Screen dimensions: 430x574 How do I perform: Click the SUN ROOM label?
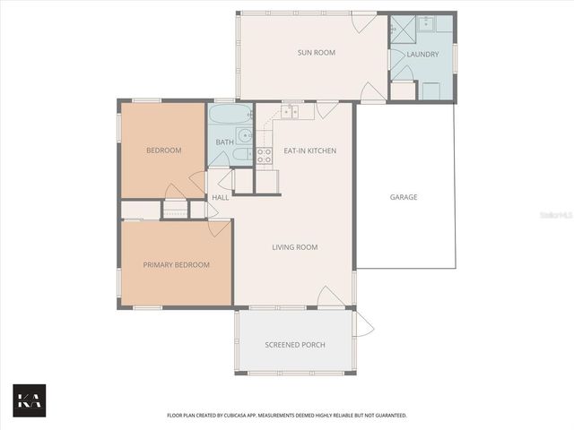click(316, 53)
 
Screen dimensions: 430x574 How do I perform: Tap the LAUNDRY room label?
click(422, 55)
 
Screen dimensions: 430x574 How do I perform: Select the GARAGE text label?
click(403, 197)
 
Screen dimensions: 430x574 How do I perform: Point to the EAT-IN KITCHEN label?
click(309, 150)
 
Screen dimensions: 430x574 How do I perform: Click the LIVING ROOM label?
click(295, 247)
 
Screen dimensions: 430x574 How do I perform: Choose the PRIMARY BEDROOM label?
click(177, 265)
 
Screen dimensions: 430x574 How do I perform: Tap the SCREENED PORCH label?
click(295, 345)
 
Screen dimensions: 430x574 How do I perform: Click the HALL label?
click(220, 197)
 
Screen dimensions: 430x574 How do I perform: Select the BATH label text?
click(224, 142)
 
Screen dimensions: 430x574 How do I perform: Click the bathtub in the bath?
click(230, 116)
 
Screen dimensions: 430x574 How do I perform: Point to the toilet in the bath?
click(241, 155)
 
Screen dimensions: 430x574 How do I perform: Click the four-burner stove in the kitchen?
click(265, 158)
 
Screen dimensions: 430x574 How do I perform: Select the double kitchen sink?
click(289, 112)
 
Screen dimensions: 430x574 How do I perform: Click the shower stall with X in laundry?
click(397, 26)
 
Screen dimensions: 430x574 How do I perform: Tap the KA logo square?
click(29, 400)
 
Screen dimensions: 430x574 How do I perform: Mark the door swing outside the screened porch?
click(363, 323)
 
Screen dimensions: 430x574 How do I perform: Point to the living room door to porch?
click(330, 297)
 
